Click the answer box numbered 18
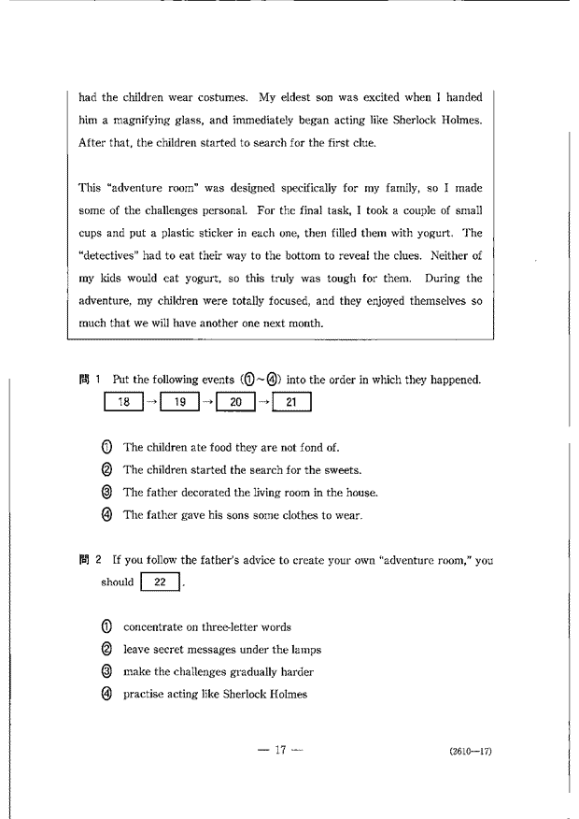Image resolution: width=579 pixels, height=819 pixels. point(124,403)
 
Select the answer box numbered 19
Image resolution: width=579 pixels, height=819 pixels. point(180,403)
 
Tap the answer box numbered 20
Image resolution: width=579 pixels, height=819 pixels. point(235,403)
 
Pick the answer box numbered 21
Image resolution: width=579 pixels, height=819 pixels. point(290,403)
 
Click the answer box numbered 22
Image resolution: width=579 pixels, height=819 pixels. point(159,582)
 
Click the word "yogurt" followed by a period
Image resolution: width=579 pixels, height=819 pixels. point(438,233)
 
